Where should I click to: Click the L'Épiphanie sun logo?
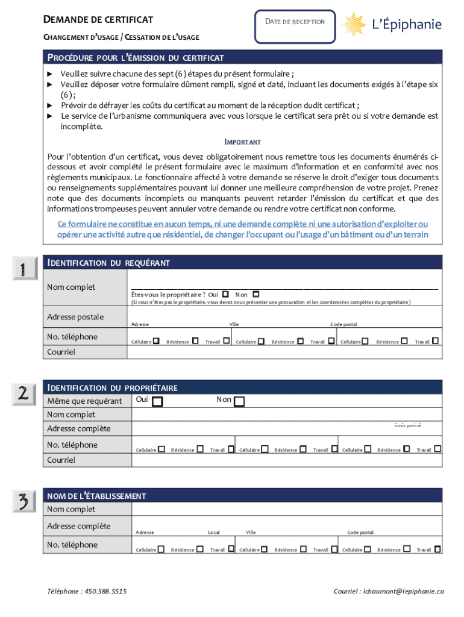point(356,25)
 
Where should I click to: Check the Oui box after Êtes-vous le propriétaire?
point(225,294)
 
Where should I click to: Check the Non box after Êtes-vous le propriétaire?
point(256,294)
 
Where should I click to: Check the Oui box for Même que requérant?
point(157,401)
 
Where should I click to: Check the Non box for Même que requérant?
point(239,401)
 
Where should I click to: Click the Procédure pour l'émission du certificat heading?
point(136,58)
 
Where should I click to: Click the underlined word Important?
point(243,142)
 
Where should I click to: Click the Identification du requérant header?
point(108,263)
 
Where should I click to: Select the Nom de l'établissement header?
point(96,496)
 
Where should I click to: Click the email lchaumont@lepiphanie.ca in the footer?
point(389,592)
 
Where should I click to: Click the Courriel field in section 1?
point(283,352)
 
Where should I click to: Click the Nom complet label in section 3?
point(71,510)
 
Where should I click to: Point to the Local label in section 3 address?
point(214,533)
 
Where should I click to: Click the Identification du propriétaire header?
point(113,388)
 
